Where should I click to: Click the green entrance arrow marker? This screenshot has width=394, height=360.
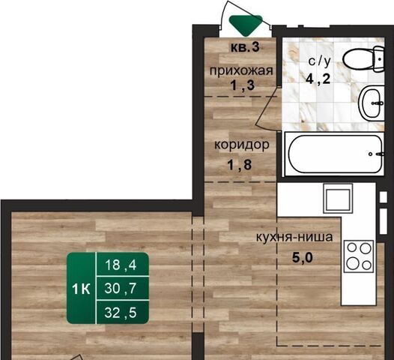click(x=246, y=25)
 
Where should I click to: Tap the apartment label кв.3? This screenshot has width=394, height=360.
click(x=245, y=47)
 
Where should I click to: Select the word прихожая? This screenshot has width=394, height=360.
click(x=241, y=70)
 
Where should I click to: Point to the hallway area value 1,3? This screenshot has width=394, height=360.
click(x=242, y=85)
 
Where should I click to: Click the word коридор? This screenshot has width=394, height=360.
click(x=242, y=145)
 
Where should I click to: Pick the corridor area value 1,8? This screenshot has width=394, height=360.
click(x=239, y=165)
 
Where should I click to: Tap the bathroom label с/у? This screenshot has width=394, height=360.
click(x=319, y=61)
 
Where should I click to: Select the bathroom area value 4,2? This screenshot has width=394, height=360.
click(x=318, y=79)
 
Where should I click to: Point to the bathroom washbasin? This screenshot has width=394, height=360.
click(x=372, y=103)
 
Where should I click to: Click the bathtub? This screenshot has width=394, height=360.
click(x=335, y=154)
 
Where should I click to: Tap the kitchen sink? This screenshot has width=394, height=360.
click(x=338, y=198)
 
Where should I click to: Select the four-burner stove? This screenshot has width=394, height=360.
click(x=359, y=256)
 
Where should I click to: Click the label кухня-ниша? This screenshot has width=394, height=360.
click(x=294, y=237)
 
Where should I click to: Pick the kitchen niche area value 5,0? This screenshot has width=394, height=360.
click(x=303, y=258)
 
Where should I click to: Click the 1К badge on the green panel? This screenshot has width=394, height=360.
click(x=81, y=289)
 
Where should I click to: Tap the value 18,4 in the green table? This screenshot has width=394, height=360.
click(x=121, y=265)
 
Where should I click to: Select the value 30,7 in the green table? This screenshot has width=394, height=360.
click(x=121, y=288)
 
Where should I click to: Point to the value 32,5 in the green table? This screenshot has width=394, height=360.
click(x=121, y=313)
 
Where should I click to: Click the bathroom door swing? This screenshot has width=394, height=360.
click(x=267, y=111)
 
